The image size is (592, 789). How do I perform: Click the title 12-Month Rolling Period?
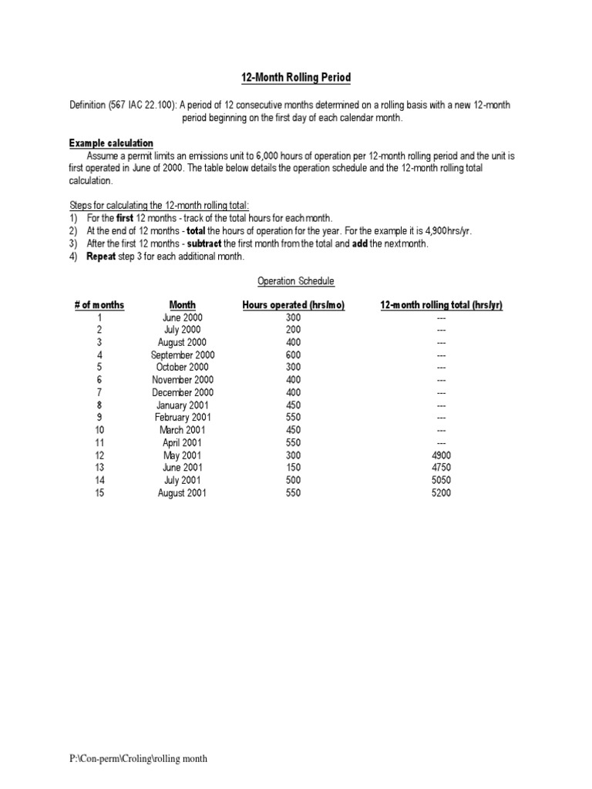coord(296,78)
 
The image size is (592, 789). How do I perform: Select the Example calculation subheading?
coord(111,143)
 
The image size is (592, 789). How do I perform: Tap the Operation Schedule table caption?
coord(296,281)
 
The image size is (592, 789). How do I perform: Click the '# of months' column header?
coord(99,305)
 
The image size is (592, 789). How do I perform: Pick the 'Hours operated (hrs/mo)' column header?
coord(293,305)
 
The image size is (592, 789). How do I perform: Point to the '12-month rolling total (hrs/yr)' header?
coord(441,305)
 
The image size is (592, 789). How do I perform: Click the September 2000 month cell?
coord(183,355)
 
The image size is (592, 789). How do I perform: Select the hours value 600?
coord(293,355)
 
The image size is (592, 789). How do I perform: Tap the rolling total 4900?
coord(442,455)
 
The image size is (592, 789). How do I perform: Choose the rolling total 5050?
coord(442,480)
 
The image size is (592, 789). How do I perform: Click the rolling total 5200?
coord(442,492)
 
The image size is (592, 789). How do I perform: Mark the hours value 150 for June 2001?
coord(293,468)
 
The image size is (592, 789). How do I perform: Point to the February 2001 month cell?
coord(183,418)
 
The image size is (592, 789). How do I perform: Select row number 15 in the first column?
coord(99,492)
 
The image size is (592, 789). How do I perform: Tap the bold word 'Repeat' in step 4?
coord(101,256)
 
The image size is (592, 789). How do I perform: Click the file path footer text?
coord(138,759)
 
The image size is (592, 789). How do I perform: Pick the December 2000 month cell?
coord(183,393)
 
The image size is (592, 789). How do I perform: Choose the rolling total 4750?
coord(442,468)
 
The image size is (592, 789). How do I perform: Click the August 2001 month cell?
coord(183,492)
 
